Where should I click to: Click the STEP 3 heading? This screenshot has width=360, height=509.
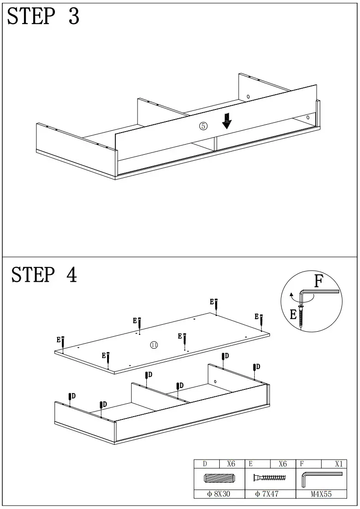(43, 17)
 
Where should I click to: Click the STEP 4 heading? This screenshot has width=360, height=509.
(44, 275)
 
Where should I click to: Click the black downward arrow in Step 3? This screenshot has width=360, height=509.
(227, 121)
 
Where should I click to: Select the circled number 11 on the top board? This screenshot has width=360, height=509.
(154, 345)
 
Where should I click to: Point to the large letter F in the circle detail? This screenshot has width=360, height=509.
(318, 281)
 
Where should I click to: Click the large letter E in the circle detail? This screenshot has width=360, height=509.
(293, 315)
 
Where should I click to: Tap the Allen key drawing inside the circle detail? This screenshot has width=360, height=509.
(318, 294)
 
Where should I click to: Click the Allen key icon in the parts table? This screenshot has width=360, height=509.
(321, 479)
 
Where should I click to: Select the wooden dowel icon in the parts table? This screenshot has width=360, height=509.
(219, 478)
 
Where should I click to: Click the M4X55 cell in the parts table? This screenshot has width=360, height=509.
(321, 494)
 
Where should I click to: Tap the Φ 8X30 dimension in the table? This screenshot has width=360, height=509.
(219, 494)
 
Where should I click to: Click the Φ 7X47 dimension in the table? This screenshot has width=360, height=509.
(270, 494)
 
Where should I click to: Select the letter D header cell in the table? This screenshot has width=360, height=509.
(205, 464)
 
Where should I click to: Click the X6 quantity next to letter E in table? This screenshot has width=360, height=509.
(282, 464)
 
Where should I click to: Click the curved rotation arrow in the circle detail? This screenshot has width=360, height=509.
(292, 296)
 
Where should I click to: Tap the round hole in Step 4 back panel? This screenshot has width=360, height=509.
(215, 382)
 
